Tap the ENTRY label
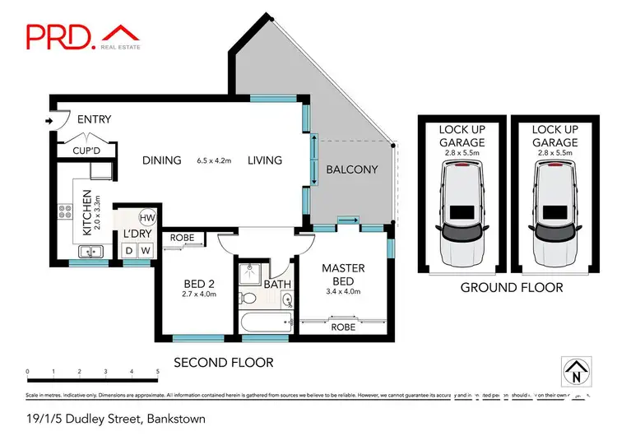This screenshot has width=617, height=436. pos(94,120)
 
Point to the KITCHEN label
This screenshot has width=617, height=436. pos(86,211)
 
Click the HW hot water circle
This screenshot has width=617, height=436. pos(146,218)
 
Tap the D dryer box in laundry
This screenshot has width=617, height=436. pos(129,250)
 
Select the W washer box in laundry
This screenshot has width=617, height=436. pos(146,250)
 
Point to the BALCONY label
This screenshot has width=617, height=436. pos(351,170)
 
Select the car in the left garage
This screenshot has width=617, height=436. pos(461,211)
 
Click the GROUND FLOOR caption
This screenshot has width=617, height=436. pos(511,287)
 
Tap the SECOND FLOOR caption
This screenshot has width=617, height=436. pos(223,362)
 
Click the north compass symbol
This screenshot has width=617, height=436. pos(576,370)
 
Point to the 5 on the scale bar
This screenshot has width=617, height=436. pos(156,372)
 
